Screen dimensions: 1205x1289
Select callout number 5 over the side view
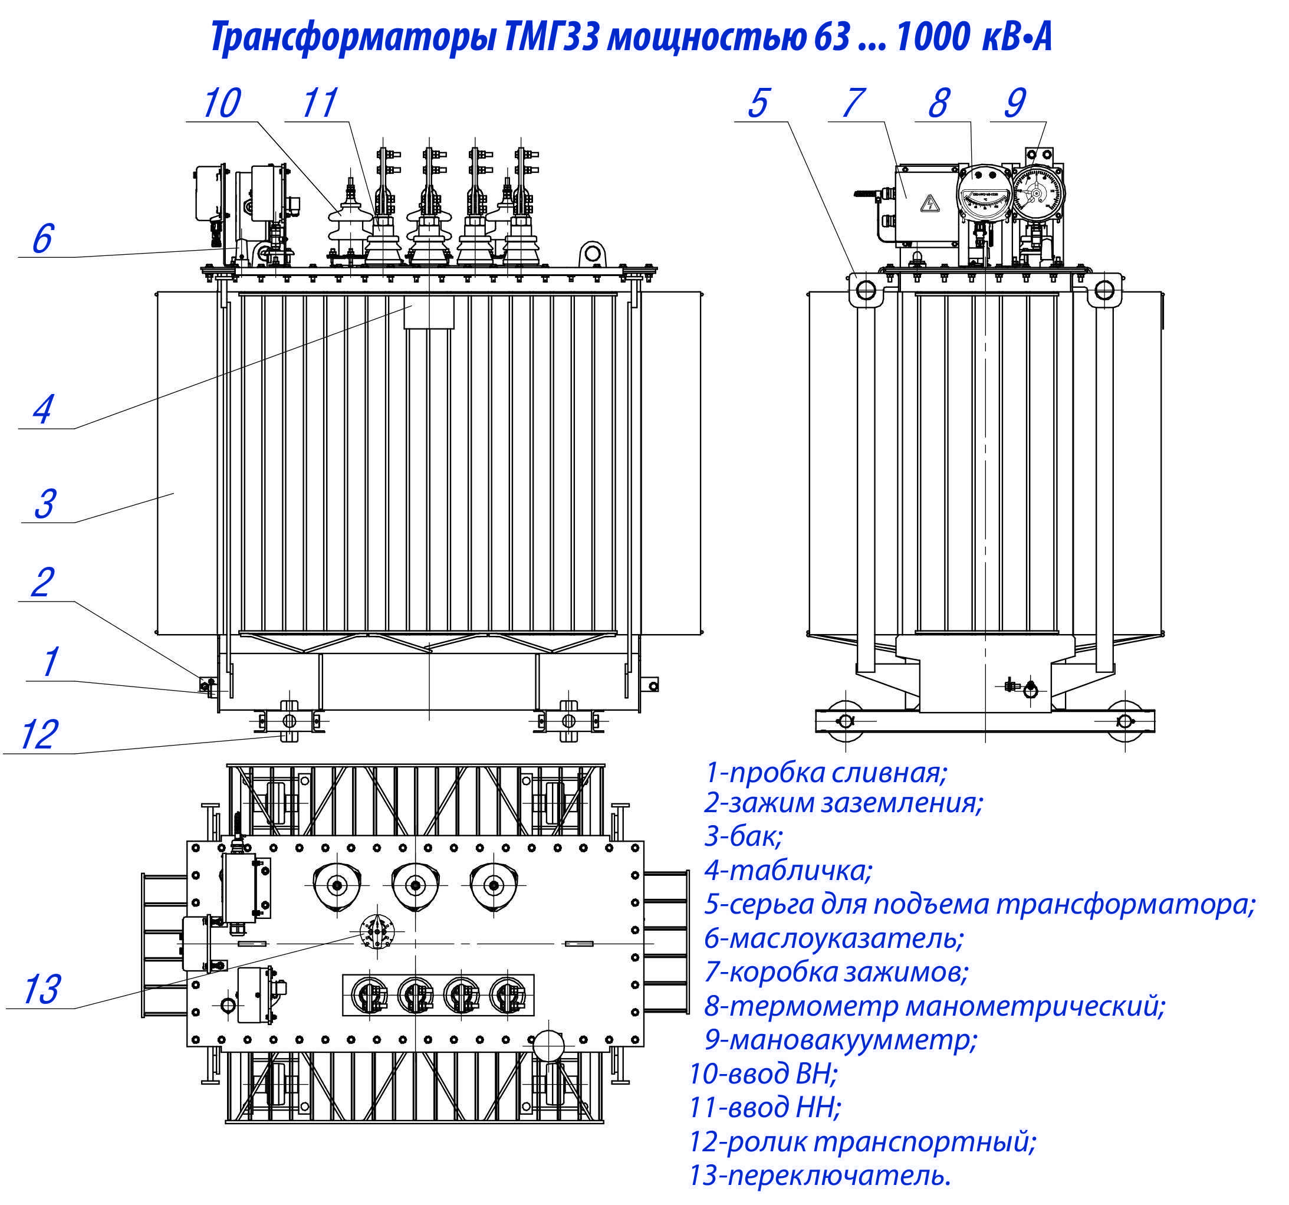coord(758,103)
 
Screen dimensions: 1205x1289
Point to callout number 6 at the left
coord(42,239)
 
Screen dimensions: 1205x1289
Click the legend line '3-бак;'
coord(743,836)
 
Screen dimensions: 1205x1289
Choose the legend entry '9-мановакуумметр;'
coord(840,1040)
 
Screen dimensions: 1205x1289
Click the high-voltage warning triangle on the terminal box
coord(930,204)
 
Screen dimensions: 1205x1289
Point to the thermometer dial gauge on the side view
coord(984,193)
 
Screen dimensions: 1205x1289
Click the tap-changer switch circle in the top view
coord(377,933)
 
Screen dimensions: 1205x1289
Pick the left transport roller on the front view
coord(289,721)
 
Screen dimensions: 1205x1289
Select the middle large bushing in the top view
coord(415,885)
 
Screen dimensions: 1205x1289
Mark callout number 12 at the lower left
coord(39,735)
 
